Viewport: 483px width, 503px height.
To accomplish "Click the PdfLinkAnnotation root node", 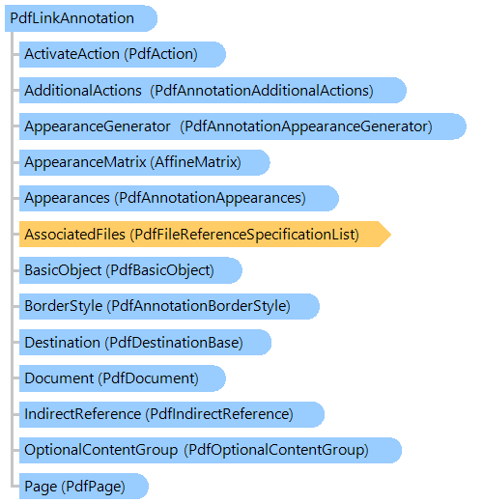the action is pos(81,18).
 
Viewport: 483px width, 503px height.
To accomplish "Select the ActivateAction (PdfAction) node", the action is pos(123,54).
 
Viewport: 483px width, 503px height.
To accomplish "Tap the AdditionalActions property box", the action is pos(213,90).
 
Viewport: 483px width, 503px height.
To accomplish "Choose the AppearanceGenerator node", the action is pos(242,126).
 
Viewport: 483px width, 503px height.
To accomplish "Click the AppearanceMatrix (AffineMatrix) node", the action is pos(145,162).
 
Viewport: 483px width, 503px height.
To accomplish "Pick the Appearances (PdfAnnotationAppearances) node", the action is pos(179,198).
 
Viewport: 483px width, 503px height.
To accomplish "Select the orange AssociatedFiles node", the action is pos(205,234).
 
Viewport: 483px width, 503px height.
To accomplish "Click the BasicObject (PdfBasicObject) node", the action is pos(130,270).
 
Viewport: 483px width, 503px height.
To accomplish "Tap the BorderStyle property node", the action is pos(169,306).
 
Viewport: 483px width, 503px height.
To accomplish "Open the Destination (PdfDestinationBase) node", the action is pos(145,342).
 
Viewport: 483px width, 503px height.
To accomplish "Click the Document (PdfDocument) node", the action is pos(123,378).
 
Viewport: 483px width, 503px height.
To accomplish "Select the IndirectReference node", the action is pos(172,414).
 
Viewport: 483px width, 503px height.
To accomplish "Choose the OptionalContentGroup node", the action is pos(211,450).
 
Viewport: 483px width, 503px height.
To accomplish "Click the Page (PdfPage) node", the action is pos(84,486).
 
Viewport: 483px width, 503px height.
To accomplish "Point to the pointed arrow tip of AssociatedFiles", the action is pos(391,234).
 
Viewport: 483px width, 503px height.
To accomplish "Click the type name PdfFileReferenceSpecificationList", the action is pos(244,235).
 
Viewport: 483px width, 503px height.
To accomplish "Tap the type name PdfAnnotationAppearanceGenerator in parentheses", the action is pos(306,126).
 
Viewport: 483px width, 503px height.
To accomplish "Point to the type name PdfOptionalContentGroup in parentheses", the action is pos(276,450).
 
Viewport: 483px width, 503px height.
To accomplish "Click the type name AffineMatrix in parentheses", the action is pos(195,162).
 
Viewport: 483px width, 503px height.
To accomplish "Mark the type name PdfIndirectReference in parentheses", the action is pos(219,414).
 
